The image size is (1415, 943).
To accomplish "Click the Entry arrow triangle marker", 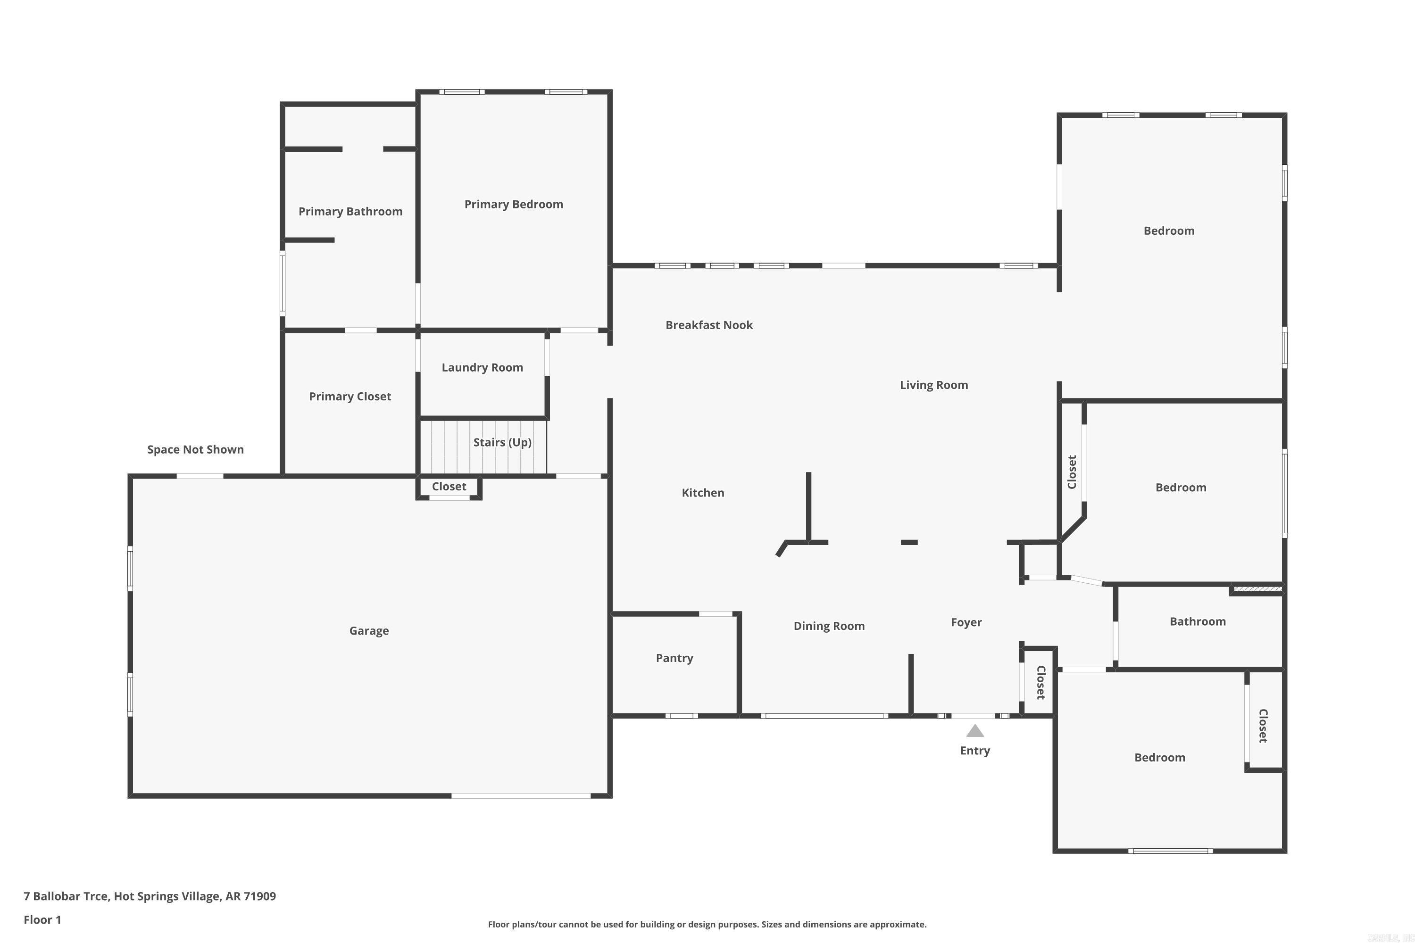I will click(974, 731).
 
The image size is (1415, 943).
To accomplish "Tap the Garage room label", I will click(369, 631).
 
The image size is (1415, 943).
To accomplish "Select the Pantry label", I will click(674, 658).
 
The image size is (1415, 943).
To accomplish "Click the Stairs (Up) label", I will click(502, 443).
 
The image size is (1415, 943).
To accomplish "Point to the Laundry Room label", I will click(482, 367).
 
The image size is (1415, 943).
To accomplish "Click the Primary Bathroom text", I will click(350, 212).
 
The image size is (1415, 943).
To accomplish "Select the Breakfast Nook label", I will click(709, 325).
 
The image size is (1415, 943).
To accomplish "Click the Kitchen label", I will click(703, 493).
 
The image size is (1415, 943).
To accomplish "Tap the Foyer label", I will click(966, 622).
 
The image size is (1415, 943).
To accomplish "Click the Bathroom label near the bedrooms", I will click(1197, 622).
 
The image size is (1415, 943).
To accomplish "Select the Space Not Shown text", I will click(196, 450).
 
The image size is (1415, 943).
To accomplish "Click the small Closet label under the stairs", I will click(449, 487).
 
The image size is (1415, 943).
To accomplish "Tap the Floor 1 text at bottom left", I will click(42, 919).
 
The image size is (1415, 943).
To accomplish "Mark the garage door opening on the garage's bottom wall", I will click(521, 796).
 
